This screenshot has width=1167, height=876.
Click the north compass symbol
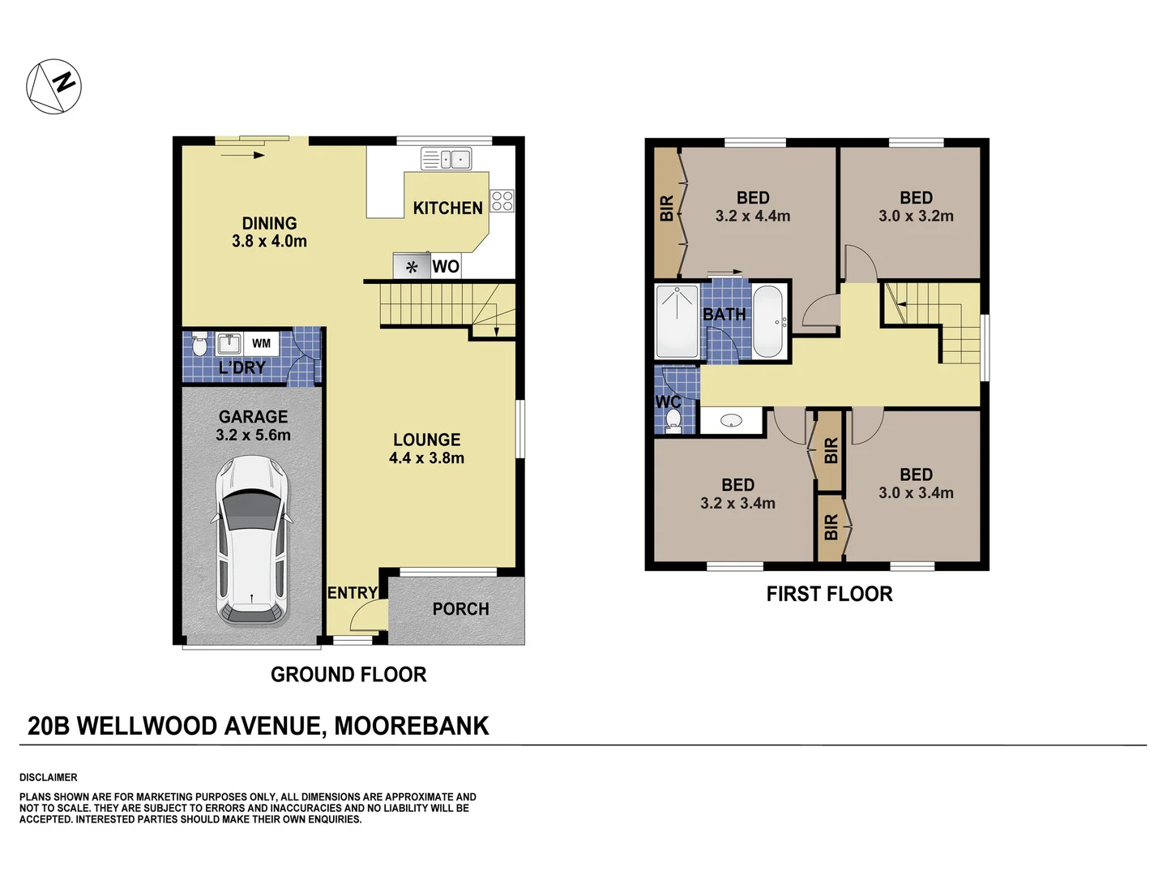click(x=54, y=86)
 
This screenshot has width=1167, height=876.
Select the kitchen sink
click(x=446, y=159)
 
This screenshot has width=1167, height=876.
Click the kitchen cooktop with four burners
click(x=502, y=200)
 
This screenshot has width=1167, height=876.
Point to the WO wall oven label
click(x=446, y=267)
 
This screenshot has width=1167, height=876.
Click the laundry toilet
click(x=199, y=346)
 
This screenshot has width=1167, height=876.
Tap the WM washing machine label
click(x=261, y=343)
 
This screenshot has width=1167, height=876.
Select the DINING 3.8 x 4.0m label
click(x=269, y=232)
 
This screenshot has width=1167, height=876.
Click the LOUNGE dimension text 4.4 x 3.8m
click(x=426, y=458)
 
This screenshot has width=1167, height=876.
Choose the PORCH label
click(x=460, y=609)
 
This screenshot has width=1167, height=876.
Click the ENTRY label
click(x=352, y=593)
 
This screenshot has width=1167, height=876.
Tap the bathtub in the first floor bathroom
click(x=767, y=321)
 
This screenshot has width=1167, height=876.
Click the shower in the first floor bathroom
click(x=677, y=321)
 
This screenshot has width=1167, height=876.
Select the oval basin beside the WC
click(x=731, y=421)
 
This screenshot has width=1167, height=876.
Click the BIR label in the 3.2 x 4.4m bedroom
click(x=666, y=208)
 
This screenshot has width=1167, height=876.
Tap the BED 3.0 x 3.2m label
click(x=916, y=207)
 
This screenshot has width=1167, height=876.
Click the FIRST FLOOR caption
click(x=829, y=595)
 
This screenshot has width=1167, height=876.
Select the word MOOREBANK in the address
click(x=411, y=726)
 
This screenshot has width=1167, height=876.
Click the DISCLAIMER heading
click(x=49, y=777)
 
